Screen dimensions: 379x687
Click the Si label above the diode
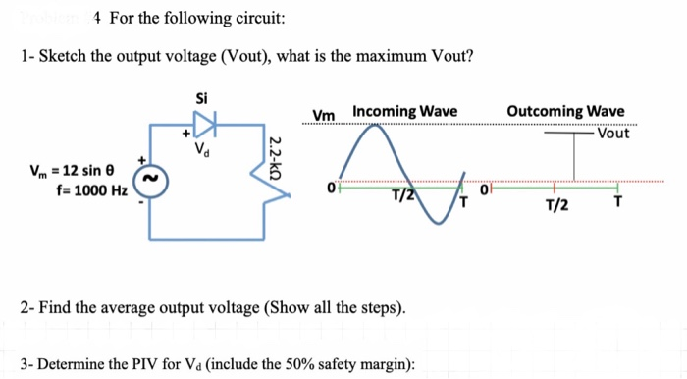tap(202, 98)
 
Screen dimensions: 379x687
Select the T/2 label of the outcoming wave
tap(555, 205)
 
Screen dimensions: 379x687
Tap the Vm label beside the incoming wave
tap(322, 115)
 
